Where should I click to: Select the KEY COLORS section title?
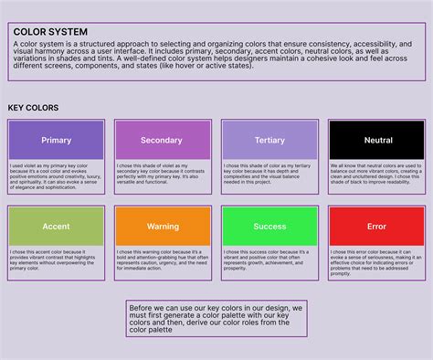[x=33, y=108]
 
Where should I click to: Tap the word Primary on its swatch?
[x=57, y=141]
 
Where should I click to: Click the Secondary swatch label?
[x=162, y=141]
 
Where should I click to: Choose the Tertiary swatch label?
[x=270, y=141]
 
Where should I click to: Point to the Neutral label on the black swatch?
[x=377, y=141]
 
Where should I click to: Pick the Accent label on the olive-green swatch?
[x=57, y=226]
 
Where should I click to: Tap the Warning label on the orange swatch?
[x=164, y=226]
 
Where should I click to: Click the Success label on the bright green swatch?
[x=270, y=226]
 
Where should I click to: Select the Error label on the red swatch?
[x=377, y=226]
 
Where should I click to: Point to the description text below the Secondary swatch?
[x=163, y=174]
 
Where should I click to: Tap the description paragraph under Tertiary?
[x=269, y=174]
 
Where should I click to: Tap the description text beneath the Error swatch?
[x=376, y=259]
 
